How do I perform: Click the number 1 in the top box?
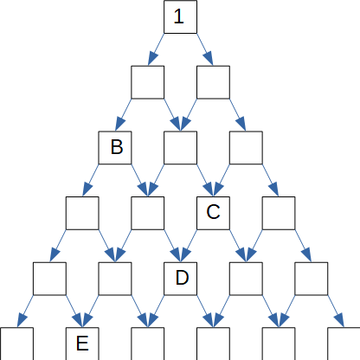179,16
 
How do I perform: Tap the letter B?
117,147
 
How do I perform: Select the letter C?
213,212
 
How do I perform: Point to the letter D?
182,278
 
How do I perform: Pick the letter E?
82,344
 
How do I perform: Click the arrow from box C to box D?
189,246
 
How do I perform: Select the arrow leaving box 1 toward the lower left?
156,49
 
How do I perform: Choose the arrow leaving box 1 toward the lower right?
205,49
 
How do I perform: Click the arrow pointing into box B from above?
123,115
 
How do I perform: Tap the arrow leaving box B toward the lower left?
91,180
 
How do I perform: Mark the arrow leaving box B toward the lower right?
139,180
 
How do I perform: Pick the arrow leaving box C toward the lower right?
238,246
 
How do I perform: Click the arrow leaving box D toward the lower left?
156,312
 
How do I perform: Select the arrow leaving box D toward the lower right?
205,312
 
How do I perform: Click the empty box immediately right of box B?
181,148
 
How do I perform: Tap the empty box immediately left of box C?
148,213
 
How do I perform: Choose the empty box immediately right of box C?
279,213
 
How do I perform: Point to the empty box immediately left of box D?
115,279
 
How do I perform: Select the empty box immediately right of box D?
246,279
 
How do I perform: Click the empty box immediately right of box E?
148,344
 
